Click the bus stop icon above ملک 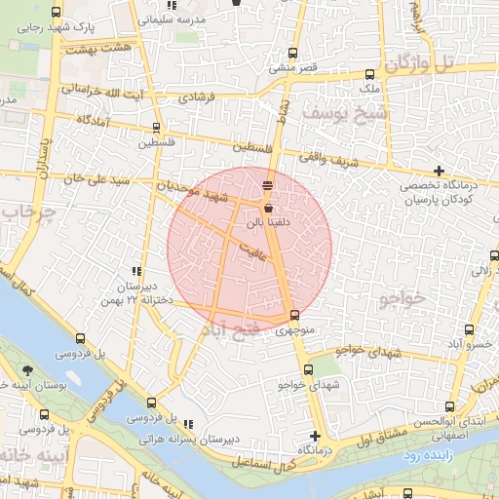click(369, 75)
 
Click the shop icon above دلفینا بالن click(268, 208)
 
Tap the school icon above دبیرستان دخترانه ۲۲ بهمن click(136, 272)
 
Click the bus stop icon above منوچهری click(294, 315)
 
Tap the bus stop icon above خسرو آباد click(470, 329)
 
